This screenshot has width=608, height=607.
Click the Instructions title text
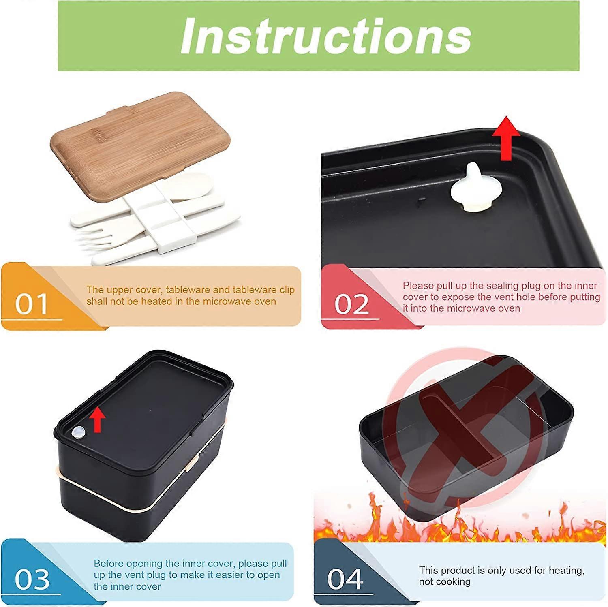[325, 37]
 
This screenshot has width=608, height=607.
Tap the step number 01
[32, 304]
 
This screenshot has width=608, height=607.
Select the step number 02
[351, 304]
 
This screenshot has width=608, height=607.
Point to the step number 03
[32, 580]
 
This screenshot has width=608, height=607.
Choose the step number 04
[345, 579]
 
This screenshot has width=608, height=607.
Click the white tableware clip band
[162, 219]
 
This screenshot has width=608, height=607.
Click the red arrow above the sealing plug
[505, 138]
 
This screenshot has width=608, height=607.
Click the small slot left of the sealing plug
[422, 200]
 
